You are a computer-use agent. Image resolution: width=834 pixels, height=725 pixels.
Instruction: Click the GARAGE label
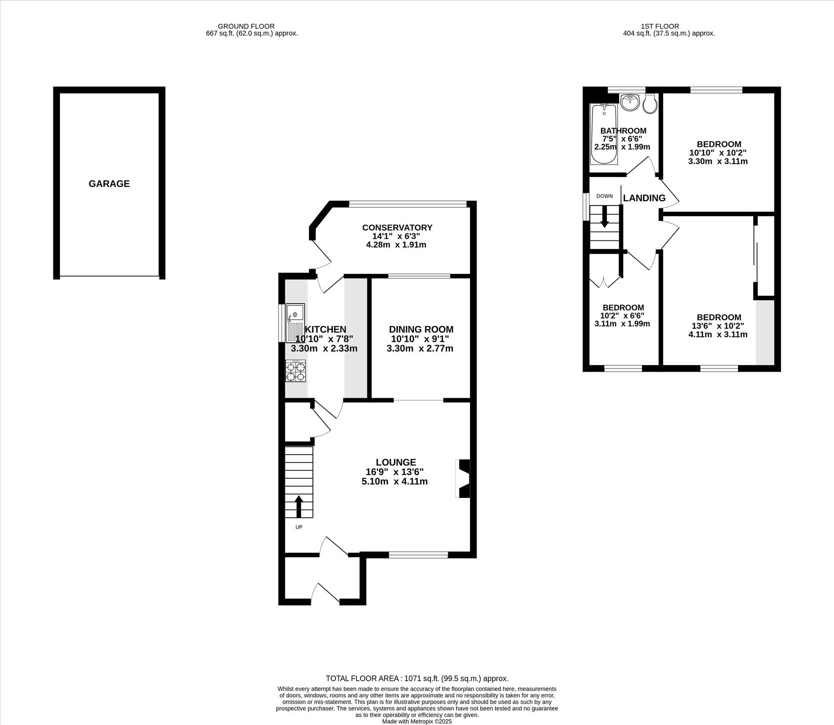109,184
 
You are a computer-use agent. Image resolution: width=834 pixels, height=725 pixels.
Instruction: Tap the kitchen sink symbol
295,323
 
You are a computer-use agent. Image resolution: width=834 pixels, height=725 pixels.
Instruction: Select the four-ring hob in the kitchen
296,371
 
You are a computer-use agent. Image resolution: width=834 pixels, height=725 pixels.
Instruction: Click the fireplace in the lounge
463,479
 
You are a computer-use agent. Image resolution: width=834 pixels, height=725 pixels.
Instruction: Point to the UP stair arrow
299,507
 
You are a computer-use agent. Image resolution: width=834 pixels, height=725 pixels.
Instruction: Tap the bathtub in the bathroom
604,134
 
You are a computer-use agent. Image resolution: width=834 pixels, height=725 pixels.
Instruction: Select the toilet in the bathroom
650,103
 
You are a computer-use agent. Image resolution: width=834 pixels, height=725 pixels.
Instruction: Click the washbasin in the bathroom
630,102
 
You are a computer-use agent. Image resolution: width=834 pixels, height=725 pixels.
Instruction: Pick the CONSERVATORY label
397,227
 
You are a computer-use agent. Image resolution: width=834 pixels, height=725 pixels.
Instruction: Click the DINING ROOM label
421,329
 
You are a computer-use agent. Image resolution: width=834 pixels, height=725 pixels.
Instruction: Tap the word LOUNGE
396,462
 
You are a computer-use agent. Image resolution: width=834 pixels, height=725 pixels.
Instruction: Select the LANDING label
644,198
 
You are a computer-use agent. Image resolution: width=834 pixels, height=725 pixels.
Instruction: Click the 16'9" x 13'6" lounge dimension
394,472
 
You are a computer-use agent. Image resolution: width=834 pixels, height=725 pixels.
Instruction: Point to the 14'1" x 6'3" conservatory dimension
396,236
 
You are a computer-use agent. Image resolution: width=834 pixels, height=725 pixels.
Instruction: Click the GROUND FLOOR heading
246,26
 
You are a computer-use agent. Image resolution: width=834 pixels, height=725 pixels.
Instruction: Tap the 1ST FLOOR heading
660,26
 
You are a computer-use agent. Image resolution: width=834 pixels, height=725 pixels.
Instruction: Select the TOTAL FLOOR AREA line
417,679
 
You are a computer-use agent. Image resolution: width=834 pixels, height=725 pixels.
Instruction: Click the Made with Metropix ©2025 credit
417,721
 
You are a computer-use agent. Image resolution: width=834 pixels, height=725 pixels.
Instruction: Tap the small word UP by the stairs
299,527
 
